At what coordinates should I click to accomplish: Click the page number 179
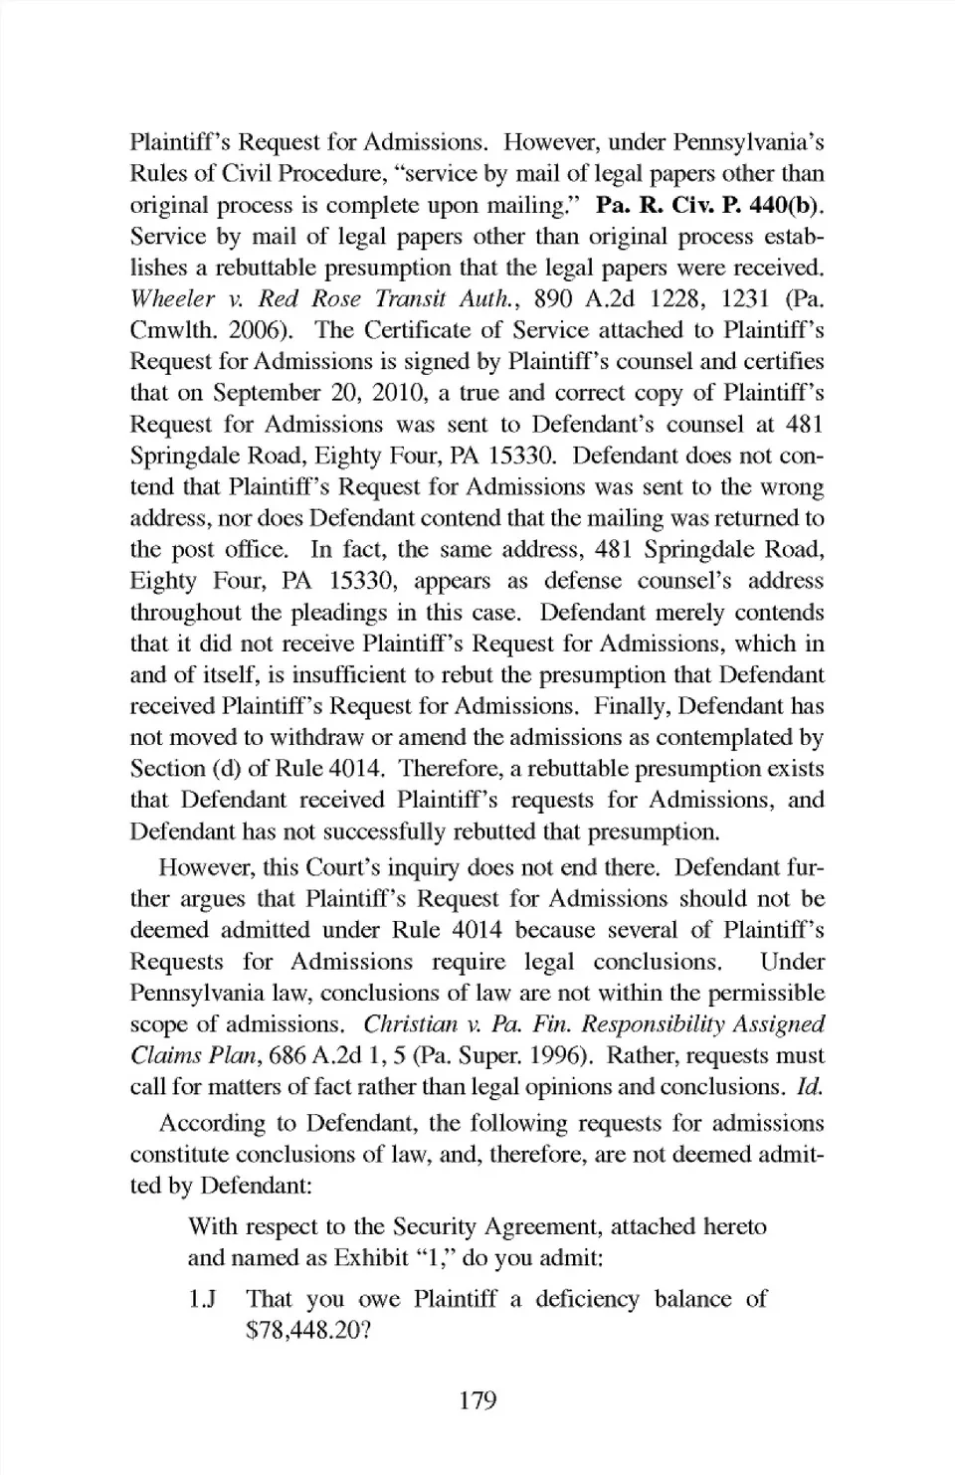[477, 1400]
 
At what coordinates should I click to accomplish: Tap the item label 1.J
[202, 1299]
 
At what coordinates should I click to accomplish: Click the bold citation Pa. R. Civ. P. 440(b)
[709, 205]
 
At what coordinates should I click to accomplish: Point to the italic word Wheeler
[172, 298]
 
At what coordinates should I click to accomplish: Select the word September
[265, 393]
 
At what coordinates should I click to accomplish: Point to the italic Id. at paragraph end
[810, 1086]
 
